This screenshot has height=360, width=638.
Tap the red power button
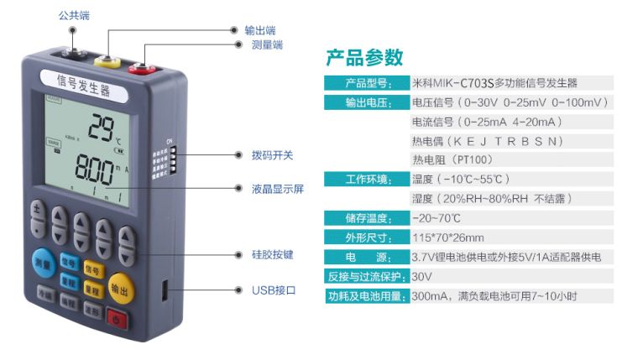point(115,318)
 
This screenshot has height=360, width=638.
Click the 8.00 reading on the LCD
point(94,170)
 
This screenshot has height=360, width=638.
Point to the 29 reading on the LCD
point(105,127)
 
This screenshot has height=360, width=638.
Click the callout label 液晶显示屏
point(277,190)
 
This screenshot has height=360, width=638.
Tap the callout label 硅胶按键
point(272,253)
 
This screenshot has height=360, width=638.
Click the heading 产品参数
point(364,58)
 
